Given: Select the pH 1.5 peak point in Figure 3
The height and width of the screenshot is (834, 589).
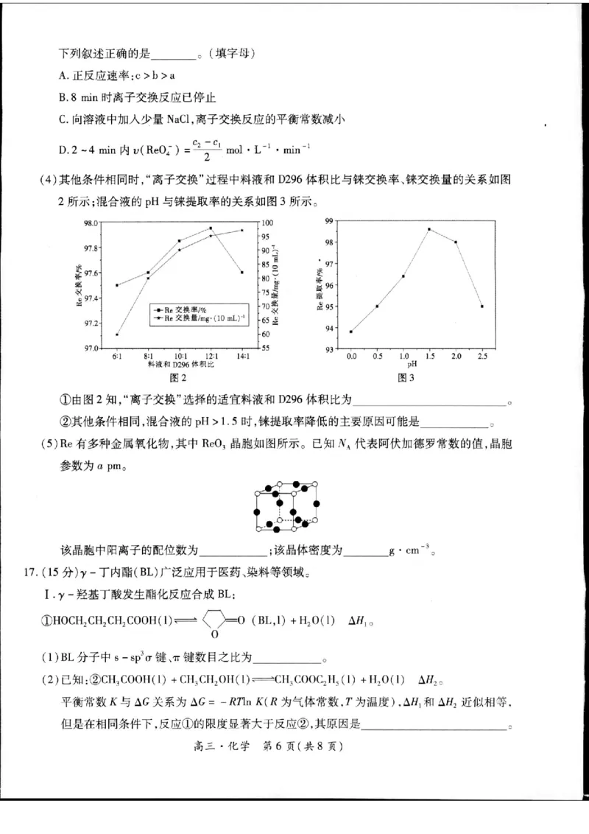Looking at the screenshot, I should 429,229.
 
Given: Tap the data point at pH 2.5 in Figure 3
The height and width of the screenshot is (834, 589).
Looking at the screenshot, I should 482,306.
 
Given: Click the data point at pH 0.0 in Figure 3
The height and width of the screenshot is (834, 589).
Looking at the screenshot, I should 350,332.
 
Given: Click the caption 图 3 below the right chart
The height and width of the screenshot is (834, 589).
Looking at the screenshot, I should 406,377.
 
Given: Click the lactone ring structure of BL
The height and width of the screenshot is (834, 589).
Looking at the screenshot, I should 213,621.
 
